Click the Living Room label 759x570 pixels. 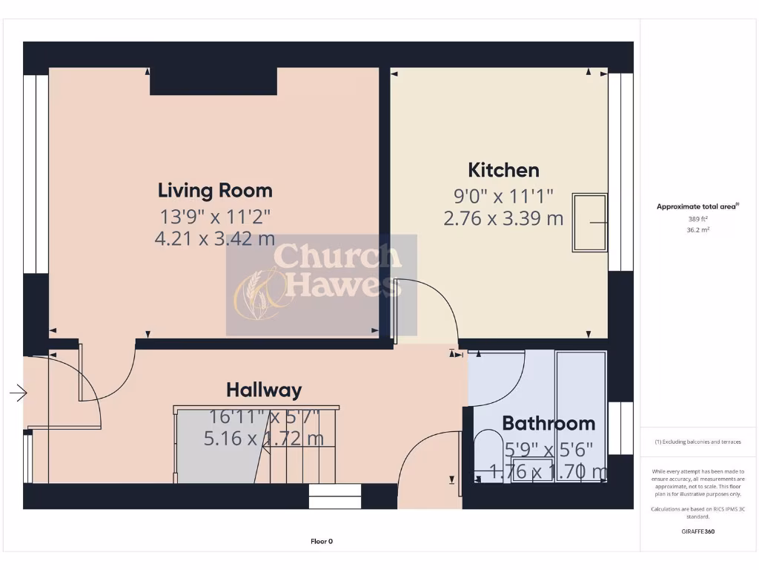pyautogui.click(x=215, y=190)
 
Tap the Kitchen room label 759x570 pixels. pyautogui.click(x=503, y=170)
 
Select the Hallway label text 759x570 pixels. pyautogui.click(x=263, y=390)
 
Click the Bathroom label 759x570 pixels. pyautogui.click(x=548, y=423)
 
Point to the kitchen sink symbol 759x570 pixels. pyautogui.click(x=589, y=223)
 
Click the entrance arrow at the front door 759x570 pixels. pyautogui.click(x=19, y=392)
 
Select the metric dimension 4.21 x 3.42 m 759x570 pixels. pyautogui.click(x=215, y=238)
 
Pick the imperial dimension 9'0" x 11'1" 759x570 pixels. pyautogui.click(x=503, y=197)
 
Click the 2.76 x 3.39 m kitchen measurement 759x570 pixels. pyautogui.click(x=503, y=218)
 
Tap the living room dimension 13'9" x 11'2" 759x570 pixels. pyautogui.click(x=215, y=217)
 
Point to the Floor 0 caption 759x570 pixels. pyautogui.click(x=321, y=541)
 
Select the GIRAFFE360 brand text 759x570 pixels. pyautogui.click(x=697, y=531)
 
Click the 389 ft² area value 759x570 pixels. pyautogui.click(x=697, y=219)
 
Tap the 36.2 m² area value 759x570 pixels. pyautogui.click(x=697, y=230)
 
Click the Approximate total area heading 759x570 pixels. pyautogui.click(x=697, y=206)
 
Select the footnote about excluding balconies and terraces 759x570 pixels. pyautogui.click(x=697, y=442)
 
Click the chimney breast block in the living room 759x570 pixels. pyautogui.click(x=213, y=81)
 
